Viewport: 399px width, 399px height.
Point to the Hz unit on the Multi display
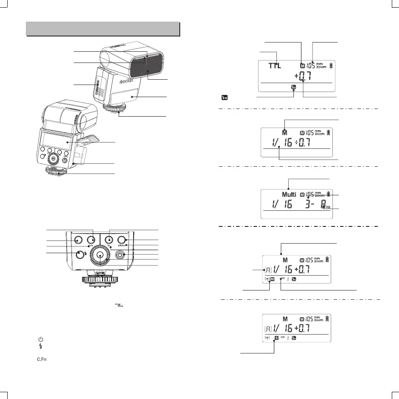click(x=328, y=207)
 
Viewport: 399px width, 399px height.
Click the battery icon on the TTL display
click(x=331, y=66)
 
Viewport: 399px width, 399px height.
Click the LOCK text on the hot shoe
click(x=100, y=274)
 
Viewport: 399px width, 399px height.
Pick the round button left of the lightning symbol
click(x=79, y=255)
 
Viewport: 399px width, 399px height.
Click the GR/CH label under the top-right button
click(x=123, y=246)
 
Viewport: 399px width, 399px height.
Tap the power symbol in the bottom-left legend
click(x=41, y=340)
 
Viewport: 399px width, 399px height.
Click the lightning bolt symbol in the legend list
click(x=41, y=346)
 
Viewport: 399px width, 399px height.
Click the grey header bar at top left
click(x=103, y=29)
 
